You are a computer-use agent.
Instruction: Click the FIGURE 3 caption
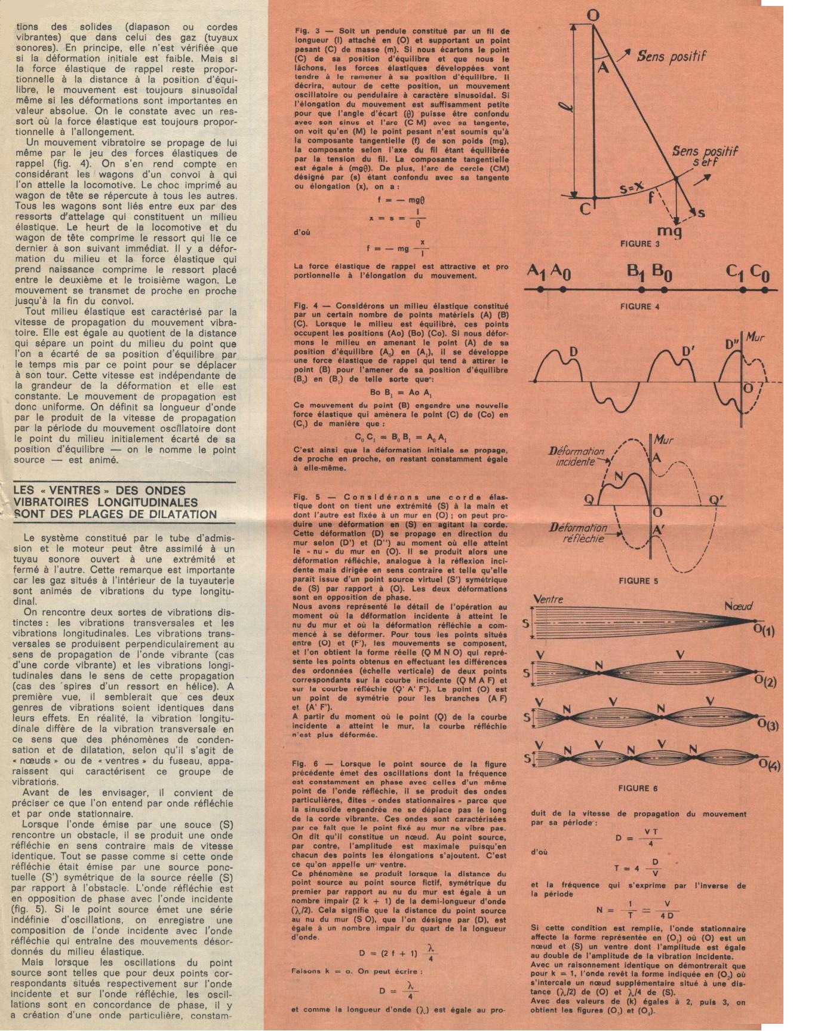[639, 244]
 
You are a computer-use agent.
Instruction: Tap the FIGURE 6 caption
[638, 788]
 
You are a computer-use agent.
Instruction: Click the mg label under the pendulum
[669, 231]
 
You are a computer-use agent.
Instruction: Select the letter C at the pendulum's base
[585, 209]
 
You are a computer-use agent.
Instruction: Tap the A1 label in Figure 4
[536, 271]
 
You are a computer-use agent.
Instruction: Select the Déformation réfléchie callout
[578, 533]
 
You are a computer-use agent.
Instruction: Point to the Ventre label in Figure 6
[548, 599]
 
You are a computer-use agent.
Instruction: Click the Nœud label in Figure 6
[738, 606]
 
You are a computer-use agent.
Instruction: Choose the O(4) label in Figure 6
[768, 766]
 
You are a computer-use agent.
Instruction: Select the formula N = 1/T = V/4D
[637, 910]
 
